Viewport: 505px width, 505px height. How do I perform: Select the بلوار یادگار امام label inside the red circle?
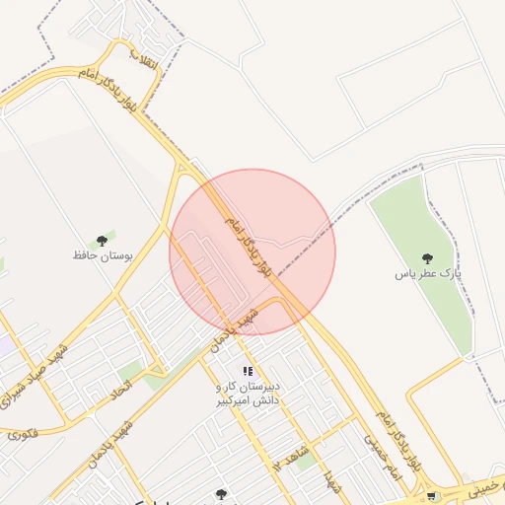coord(248,241)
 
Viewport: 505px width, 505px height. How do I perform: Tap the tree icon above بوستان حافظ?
coord(102,240)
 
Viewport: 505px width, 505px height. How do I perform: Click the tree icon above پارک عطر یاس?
coord(427,257)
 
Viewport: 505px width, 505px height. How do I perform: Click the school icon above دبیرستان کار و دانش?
coord(248,371)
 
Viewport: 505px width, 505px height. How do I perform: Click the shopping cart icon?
coord(431,496)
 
